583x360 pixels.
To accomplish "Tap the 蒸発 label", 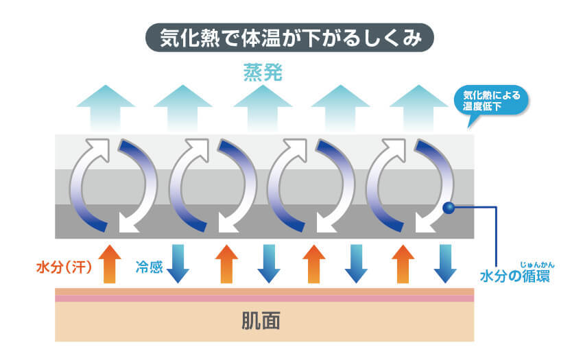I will [263, 73].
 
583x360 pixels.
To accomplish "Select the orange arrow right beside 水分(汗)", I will [110, 263].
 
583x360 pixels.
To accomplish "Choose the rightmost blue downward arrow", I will [444, 263].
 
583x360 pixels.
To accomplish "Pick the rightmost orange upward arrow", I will [403, 263].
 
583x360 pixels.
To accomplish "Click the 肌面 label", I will [263, 320].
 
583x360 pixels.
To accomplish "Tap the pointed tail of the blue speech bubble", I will [471, 122].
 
